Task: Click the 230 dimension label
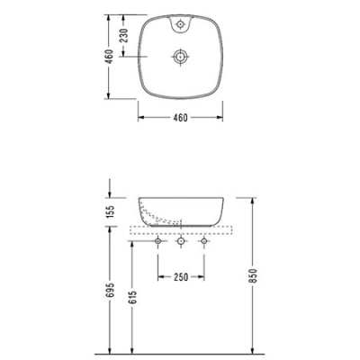pyautogui.click(x=125, y=35)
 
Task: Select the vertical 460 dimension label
pyautogui.click(x=110, y=57)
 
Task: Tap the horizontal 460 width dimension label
pyautogui.click(x=180, y=118)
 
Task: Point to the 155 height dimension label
pyautogui.click(x=110, y=211)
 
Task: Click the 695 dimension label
pyautogui.click(x=110, y=290)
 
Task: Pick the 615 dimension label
pyautogui.click(x=133, y=297)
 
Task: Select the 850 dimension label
pyautogui.click(x=254, y=275)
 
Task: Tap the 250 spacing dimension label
pyautogui.click(x=181, y=277)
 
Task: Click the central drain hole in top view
pyautogui.click(x=180, y=57)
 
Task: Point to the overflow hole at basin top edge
pyautogui.click(x=180, y=23)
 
